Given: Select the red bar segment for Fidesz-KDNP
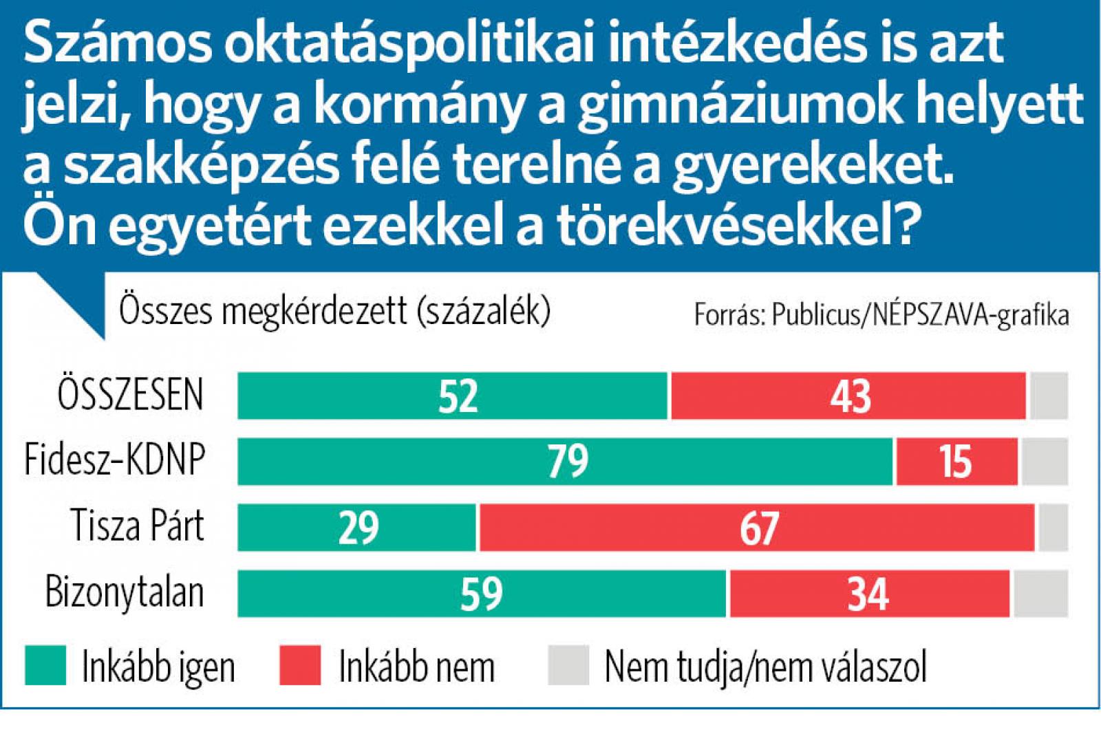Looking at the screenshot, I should pos(956,461).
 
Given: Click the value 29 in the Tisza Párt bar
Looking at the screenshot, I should pos(359,528).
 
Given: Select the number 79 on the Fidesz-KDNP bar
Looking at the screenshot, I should pos(568,461).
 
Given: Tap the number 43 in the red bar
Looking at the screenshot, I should pos(851,396).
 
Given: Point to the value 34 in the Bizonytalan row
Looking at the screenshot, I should pos(868,594).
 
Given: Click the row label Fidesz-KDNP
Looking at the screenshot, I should pos(115,459).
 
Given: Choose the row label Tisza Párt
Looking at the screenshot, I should pos(138,526).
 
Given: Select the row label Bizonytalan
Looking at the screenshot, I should pos(125,592).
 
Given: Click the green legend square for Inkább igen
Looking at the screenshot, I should pos(45,665).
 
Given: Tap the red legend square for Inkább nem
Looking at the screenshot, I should pos(300,665).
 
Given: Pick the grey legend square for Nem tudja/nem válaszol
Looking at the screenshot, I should pos(568,665).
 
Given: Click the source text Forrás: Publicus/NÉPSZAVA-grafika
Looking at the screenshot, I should pos(881,314).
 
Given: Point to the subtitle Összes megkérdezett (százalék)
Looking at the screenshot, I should pos(334,311).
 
